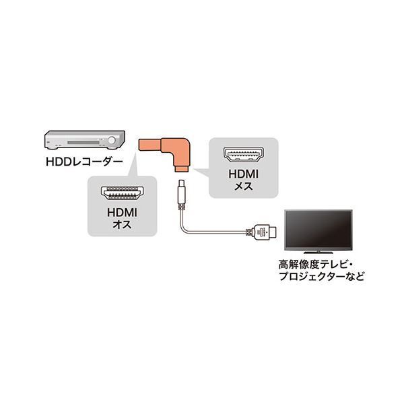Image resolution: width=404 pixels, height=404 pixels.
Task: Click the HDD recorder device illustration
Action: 85,139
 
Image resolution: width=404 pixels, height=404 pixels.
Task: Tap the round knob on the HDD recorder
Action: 112,141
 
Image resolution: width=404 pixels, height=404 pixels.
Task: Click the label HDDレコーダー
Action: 84,162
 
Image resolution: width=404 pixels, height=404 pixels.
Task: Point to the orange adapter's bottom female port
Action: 182,169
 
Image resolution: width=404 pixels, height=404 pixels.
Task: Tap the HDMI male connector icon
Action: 123,193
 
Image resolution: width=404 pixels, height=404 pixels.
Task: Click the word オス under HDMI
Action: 122,225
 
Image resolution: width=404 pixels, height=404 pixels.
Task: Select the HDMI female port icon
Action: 244,155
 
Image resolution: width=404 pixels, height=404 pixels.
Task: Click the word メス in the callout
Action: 244,187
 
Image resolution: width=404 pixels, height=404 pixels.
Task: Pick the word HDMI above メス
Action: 244,174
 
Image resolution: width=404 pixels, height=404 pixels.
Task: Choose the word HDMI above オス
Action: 122,213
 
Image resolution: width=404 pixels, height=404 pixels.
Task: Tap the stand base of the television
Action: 318,252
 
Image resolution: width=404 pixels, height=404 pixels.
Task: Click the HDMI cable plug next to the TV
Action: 261,232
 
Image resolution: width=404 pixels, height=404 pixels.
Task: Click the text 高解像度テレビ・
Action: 316,265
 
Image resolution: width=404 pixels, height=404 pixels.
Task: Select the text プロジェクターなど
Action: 322,277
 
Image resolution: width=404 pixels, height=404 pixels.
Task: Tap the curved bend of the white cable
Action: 184,229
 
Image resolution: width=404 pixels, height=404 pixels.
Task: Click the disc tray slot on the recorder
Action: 83,143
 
